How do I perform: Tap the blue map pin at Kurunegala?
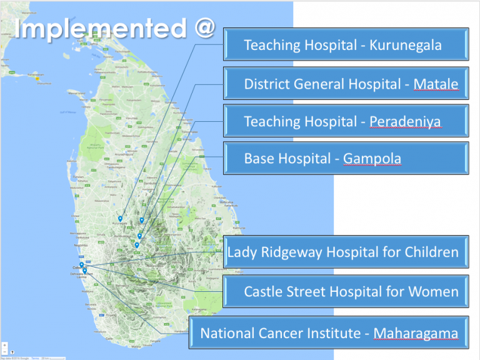pyautogui.click(x=120, y=219)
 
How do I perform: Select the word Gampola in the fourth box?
pyautogui.click(x=372, y=160)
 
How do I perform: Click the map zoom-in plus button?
pyautogui.click(x=4, y=344)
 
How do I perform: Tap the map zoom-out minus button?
pyautogui.click(x=4, y=351)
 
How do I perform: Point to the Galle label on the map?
pyautogui.click(x=110, y=338)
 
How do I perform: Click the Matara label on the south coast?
pyautogui.click(x=136, y=346)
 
